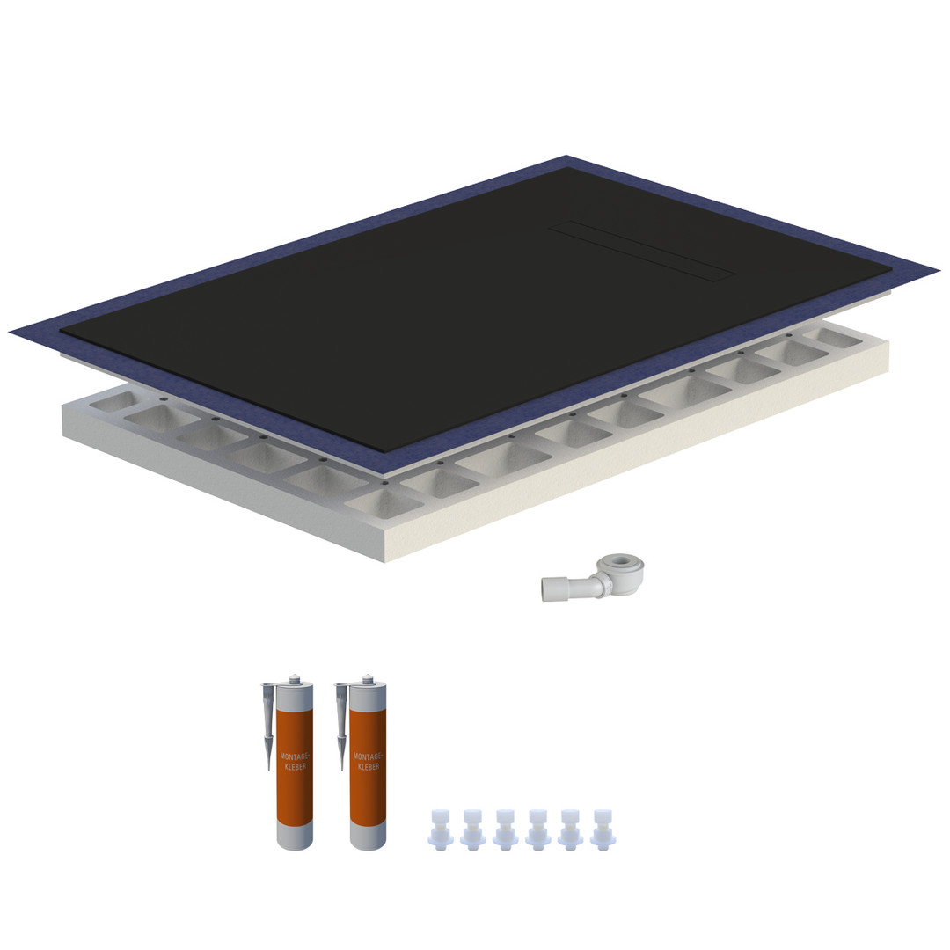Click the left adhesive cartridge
point(295,764)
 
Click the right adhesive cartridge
point(368,764)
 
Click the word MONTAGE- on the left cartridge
point(295,756)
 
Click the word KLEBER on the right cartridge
point(369,766)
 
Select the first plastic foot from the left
point(441,828)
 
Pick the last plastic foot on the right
point(603,828)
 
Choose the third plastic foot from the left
point(505,828)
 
